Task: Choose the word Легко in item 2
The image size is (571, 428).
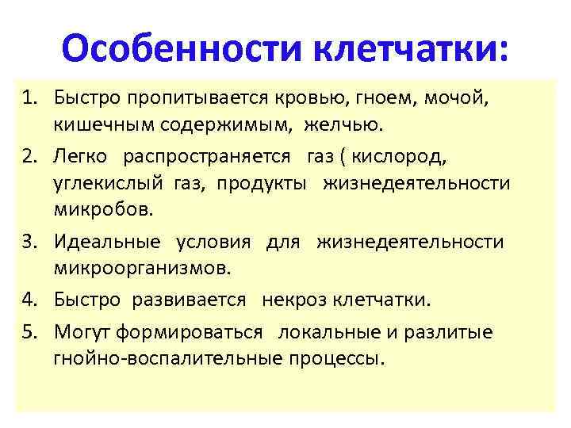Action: point(79,157)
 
